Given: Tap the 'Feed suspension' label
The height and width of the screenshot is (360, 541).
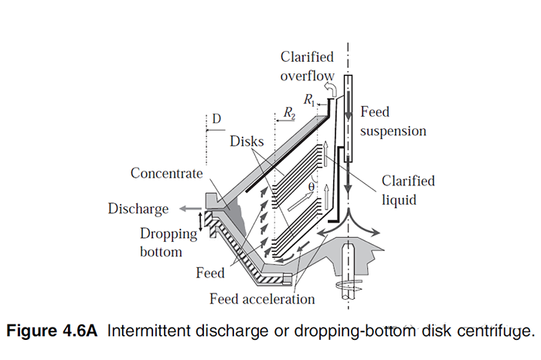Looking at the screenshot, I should coord(393,121).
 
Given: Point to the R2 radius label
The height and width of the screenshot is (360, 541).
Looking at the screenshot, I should coord(288,114).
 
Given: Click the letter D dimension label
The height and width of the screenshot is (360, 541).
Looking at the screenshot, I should coord(216,119).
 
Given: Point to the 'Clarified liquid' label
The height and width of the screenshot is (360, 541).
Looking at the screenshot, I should coord(408,189).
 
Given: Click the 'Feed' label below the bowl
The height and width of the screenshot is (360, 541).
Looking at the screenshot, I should coord(210,273).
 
